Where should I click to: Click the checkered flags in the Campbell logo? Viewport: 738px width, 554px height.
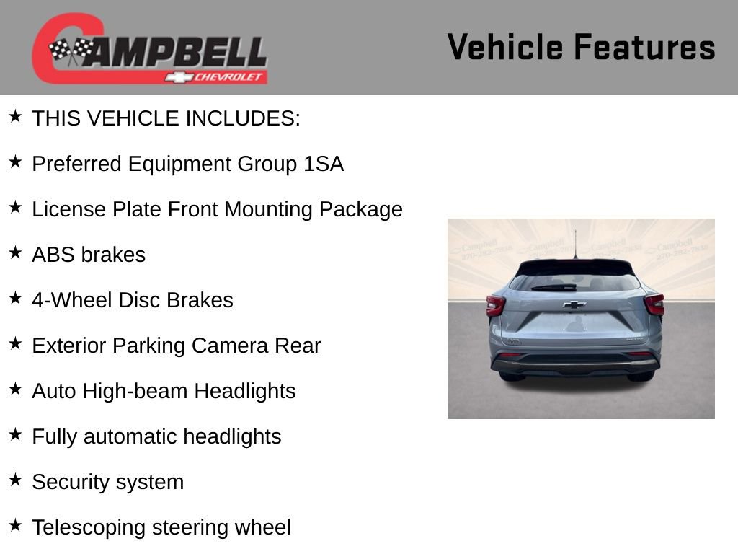(x=70, y=50)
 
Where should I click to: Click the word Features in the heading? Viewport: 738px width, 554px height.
(x=644, y=48)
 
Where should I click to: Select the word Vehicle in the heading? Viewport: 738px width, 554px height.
(x=505, y=48)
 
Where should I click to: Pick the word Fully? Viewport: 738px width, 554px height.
(x=55, y=437)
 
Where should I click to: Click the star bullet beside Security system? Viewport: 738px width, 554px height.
(x=15, y=480)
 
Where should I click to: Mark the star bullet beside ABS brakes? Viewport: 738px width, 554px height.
(x=15, y=252)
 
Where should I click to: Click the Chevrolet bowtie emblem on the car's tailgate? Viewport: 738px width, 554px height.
(x=574, y=304)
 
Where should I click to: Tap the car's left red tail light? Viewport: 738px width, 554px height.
(x=496, y=305)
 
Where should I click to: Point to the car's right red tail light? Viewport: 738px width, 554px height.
(x=654, y=304)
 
